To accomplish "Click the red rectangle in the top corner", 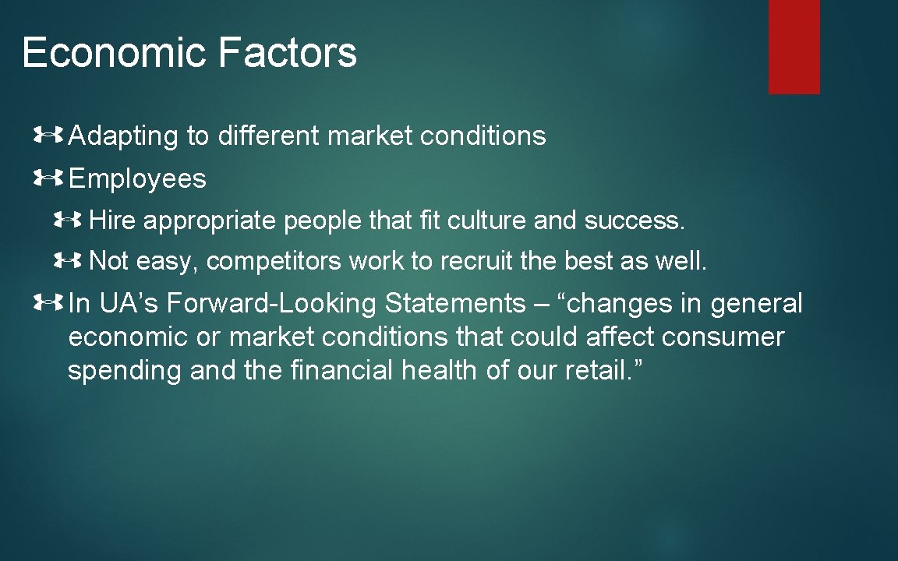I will (794, 47).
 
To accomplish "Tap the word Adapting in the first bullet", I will (124, 137).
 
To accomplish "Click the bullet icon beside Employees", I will (48, 179).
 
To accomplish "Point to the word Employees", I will (137, 179).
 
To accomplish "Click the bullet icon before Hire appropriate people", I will (69, 221).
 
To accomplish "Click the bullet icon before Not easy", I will (69, 262).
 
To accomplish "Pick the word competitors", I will (274, 262).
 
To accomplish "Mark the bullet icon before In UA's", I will (48, 303).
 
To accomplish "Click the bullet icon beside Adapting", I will (48, 136).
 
